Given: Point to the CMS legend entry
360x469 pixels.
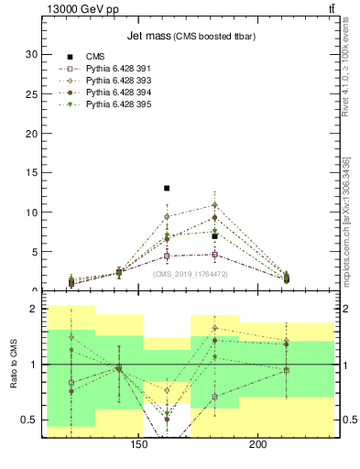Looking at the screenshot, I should (95, 57).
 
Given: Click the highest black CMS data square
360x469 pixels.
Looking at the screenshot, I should (167, 188).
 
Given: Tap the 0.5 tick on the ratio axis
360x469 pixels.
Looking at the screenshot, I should (28, 420).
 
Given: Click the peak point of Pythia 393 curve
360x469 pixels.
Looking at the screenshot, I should (214, 204).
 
